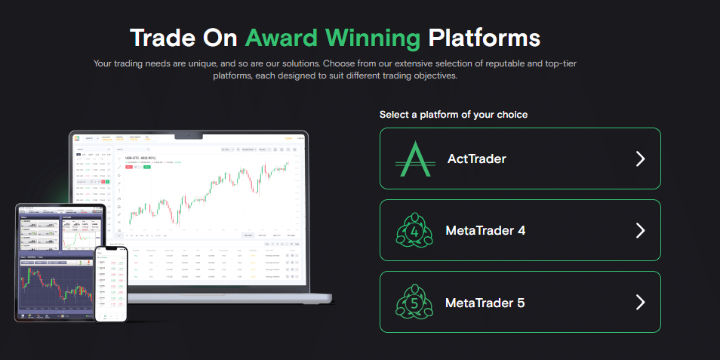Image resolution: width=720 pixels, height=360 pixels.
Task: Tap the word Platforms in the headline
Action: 484,38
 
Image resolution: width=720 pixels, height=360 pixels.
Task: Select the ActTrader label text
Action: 476,158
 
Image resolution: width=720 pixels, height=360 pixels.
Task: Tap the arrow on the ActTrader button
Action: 640,158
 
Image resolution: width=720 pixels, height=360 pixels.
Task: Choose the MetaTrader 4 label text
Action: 485,231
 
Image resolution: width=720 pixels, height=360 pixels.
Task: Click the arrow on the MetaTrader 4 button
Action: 640,231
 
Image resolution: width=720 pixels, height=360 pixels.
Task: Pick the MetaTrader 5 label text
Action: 485,303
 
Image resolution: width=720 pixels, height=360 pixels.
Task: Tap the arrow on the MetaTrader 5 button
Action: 640,303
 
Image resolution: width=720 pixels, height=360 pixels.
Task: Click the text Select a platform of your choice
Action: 454,115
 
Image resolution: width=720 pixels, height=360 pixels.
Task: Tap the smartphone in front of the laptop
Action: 111,284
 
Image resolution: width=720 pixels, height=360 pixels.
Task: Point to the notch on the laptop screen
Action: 189,137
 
